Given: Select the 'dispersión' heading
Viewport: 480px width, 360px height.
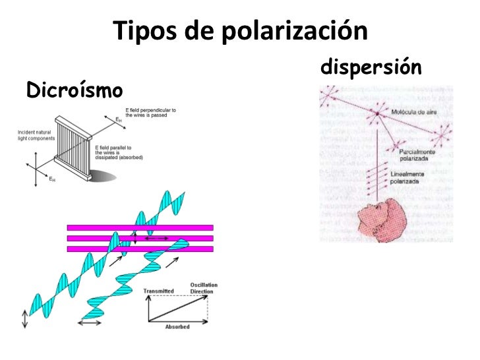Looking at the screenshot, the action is (x=371, y=67).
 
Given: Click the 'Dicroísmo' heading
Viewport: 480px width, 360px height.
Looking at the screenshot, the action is (x=74, y=90).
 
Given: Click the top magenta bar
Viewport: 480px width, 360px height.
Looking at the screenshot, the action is (x=140, y=227).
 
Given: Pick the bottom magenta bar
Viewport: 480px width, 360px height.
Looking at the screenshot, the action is (x=140, y=249).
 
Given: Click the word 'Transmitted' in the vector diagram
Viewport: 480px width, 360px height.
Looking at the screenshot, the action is (x=158, y=290).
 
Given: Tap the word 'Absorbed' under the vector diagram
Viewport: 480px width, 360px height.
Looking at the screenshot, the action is (x=177, y=327).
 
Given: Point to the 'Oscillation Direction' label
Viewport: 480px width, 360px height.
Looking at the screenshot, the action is (x=203, y=288).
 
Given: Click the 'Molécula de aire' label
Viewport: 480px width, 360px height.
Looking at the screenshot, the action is (x=413, y=113).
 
